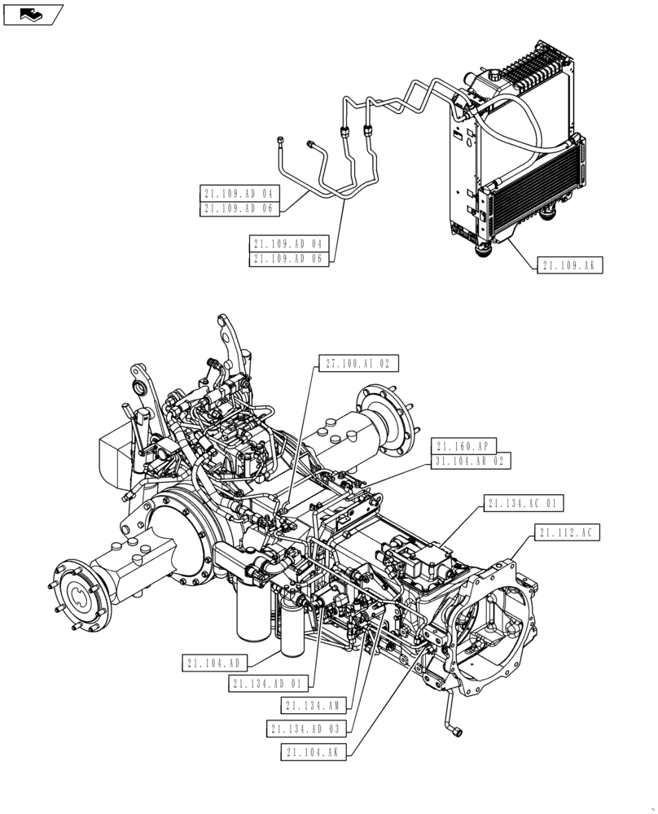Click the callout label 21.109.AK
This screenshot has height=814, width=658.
(x=569, y=265)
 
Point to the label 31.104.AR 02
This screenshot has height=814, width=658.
(x=472, y=462)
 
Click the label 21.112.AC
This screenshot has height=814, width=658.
(x=568, y=533)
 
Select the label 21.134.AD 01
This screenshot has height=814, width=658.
(x=268, y=684)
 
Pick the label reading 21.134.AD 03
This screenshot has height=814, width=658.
(x=307, y=729)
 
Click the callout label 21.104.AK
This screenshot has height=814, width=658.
(x=315, y=752)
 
